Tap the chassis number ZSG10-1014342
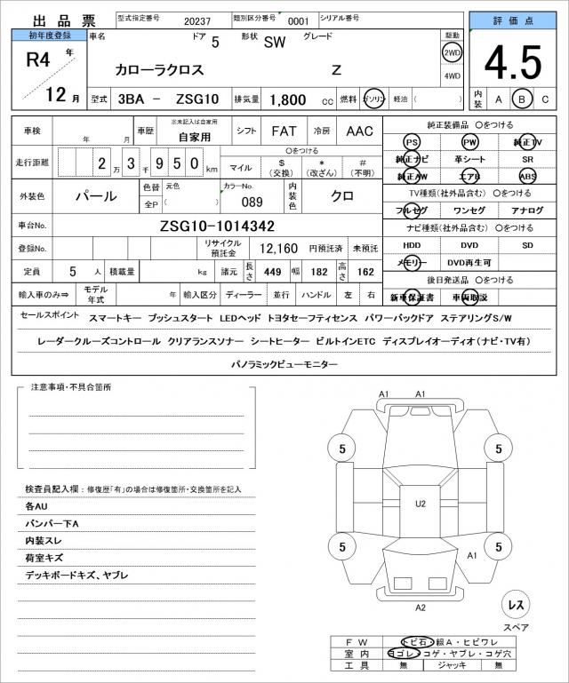[217, 226]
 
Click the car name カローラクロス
[160, 69]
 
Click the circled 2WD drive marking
[453, 52]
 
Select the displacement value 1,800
[287, 99]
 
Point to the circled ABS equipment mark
[528, 176]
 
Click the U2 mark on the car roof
[421, 504]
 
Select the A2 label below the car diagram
[421, 608]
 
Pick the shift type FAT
[284, 131]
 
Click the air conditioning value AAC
[359, 131]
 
